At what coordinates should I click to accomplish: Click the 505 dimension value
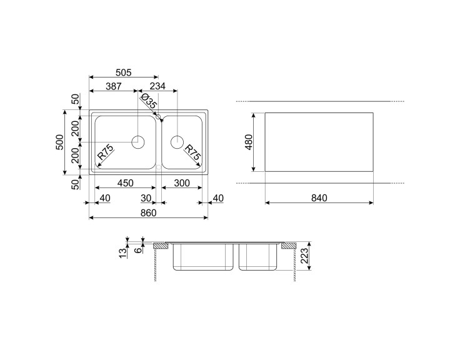123,72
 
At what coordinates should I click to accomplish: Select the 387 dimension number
114,86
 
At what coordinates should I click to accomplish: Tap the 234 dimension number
157,86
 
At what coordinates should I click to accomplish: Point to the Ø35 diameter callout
149,101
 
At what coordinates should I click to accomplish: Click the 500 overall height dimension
60,142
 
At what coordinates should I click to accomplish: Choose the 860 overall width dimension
148,212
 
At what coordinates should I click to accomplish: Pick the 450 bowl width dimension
126,183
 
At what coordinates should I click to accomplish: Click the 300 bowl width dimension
182,183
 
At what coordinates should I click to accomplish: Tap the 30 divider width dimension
146,198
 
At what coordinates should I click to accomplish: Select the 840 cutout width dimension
319,198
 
